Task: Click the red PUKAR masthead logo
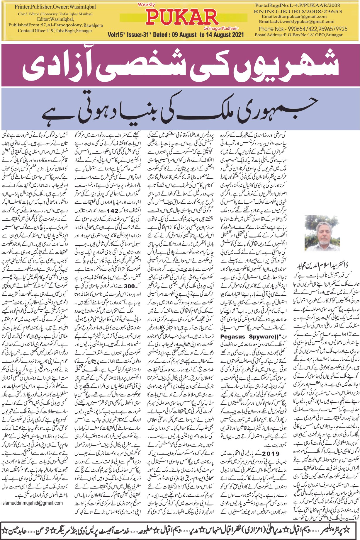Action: [x=182, y=18]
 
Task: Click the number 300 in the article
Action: [x=128, y=286]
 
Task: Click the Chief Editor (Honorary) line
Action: [x=55, y=14]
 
